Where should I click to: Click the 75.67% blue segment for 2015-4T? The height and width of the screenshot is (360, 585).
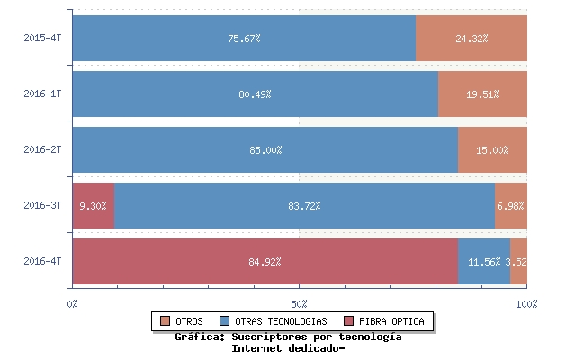point(244,39)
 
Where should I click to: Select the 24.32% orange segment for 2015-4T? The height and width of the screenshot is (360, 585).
point(472,39)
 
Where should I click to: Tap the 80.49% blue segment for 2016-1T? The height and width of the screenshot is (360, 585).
point(255,94)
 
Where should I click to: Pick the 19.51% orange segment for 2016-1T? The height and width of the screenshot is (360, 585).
point(482,94)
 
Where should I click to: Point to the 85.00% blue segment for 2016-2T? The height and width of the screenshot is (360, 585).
point(265,150)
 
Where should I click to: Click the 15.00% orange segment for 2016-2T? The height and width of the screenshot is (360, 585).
point(492,150)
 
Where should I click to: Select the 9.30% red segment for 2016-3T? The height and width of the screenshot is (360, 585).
point(93,206)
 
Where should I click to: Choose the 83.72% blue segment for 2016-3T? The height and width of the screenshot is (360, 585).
point(304,206)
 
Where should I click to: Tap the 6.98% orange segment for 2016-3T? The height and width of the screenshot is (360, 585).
point(510,206)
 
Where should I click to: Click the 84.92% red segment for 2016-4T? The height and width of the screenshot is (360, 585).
point(265,262)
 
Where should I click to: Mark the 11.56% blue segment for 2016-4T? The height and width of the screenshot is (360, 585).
point(484,262)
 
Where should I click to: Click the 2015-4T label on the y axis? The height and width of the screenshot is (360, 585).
point(42,39)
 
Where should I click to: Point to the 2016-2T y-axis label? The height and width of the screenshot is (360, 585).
point(42,150)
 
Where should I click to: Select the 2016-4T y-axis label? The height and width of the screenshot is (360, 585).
point(42,262)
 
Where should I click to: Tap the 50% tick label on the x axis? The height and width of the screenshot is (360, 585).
point(300,304)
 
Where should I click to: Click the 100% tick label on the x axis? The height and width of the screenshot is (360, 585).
point(526,304)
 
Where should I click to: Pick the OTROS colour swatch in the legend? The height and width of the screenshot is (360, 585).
point(165,321)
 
